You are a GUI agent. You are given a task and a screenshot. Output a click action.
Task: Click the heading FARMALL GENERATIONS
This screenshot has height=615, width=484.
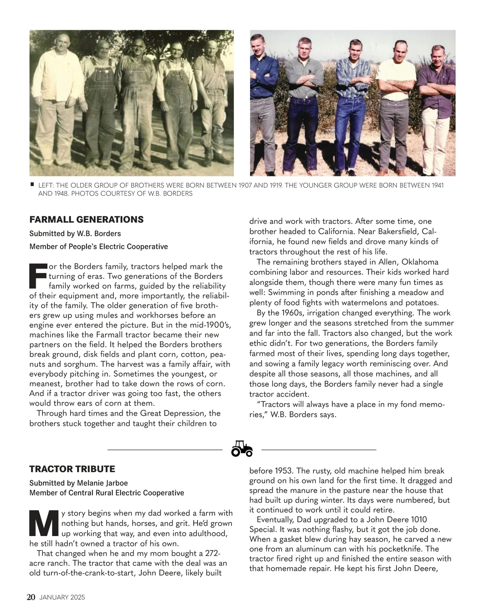tap(86, 219)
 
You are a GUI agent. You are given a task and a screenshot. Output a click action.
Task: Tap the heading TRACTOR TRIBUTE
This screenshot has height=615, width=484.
tap(72, 469)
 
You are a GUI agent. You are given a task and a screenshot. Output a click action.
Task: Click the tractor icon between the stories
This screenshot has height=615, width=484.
tap(242, 449)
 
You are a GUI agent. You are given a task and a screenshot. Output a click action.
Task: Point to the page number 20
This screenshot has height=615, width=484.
tap(31, 597)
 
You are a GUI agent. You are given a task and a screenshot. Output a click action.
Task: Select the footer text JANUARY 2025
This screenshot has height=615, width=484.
tap(62, 598)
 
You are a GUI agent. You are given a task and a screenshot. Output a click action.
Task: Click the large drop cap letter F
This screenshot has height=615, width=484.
tap(38, 276)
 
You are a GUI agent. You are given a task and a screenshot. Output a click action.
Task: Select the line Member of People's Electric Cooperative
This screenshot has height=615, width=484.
tap(98, 246)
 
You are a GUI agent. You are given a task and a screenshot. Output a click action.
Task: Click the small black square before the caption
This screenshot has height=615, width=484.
tap(32, 184)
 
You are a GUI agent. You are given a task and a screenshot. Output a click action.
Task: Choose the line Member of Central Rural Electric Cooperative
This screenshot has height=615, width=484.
tap(106, 493)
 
